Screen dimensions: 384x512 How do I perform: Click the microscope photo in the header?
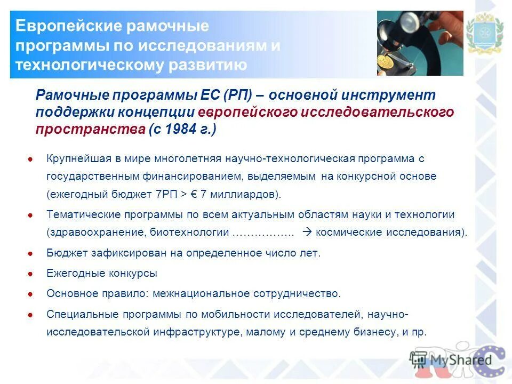[420, 43]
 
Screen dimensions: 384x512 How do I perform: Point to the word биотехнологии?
[195, 233]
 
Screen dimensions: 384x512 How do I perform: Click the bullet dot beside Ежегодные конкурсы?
[31, 274]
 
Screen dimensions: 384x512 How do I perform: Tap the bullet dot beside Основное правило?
[31, 294]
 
